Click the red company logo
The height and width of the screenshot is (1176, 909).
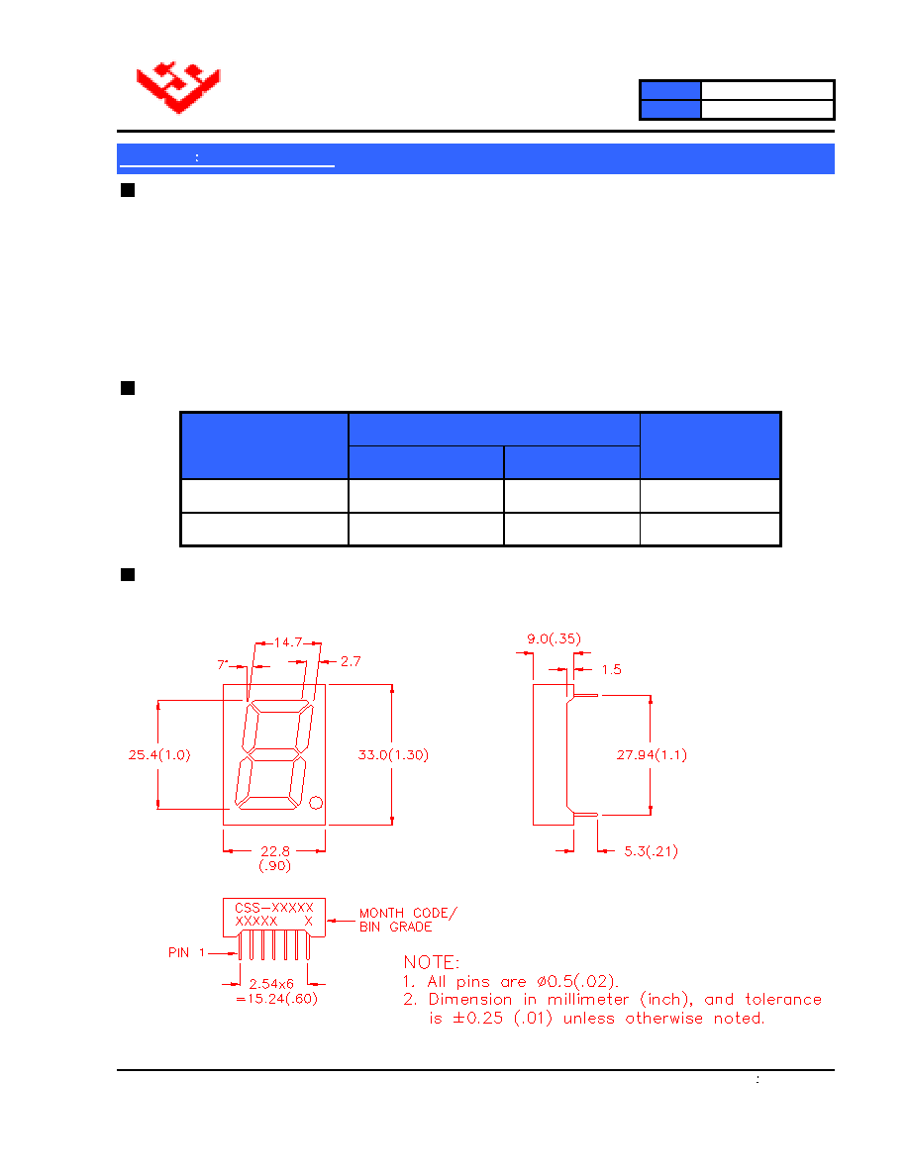[x=178, y=87]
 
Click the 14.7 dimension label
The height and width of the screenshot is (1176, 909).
[x=288, y=642]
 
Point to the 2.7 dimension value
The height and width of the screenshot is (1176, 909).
[x=351, y=661]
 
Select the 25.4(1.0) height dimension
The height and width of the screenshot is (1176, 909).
[x=159, y=754]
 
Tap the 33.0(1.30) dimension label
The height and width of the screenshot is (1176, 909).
[x=393, y=754]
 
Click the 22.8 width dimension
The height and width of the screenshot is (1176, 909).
[x=275, y=851]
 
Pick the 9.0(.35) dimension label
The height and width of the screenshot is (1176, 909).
[x=554, y=639]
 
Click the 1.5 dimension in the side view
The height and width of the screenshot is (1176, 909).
[x=611, y=670]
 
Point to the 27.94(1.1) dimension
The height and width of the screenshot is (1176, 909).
[x=652, y=754]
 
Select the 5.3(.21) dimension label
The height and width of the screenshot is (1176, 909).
[x=651, y=851]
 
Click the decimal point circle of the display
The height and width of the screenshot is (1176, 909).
[x=316, y=803]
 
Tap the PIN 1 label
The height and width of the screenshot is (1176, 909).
[x=187, y=952]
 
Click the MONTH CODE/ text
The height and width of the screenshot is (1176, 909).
[x=408, y=913]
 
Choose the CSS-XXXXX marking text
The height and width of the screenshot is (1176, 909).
[x=273, y=908]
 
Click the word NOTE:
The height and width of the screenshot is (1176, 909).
[x=432, y=962]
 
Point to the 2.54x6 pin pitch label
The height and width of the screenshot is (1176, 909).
[x=271, y=983]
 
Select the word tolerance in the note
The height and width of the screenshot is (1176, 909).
[x=783, y=999]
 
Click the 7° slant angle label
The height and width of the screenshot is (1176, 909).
[x=223, y=664]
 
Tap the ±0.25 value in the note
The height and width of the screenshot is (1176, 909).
[x=477, y=1019]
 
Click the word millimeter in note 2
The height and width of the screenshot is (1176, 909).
[x=588, y=999]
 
